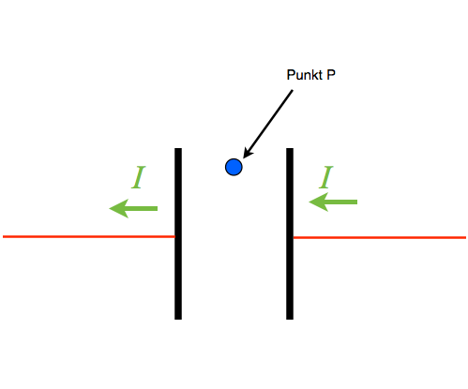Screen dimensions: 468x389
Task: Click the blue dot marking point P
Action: click(x=234, y=167)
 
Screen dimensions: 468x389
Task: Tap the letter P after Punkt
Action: click(x=331, y=75)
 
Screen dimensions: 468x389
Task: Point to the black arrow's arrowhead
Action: click(x=249, y=153)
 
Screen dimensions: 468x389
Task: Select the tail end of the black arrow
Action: click(x=293, y=90)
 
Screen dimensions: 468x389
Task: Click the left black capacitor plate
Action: click(x=178, y=233)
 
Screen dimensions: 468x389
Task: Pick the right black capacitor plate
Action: click(x=290, y=233)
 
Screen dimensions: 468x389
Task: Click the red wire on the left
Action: click(x=88, y=236)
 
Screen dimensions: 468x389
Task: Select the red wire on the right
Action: click(x=380, y=237)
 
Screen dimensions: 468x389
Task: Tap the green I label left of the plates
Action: click(x=139, y=177)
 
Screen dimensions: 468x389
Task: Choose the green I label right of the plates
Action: click(x=326, y=177)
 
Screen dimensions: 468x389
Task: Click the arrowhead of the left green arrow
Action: click(x=119, y=208)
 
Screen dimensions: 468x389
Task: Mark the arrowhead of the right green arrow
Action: click(x=319, y=202)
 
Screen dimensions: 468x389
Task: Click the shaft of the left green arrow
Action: click(x=142, y=208)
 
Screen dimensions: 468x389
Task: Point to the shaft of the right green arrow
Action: click(x=341, y=202)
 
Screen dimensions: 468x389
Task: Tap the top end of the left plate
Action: click(x=178, y=148)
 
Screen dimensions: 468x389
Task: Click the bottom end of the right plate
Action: click(x=290, y=320)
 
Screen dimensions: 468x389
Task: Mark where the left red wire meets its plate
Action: click(x=174, y=236)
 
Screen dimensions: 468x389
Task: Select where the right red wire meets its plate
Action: click(x=294, y=237)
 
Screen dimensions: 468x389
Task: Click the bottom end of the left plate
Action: click(x=178, y=320)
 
